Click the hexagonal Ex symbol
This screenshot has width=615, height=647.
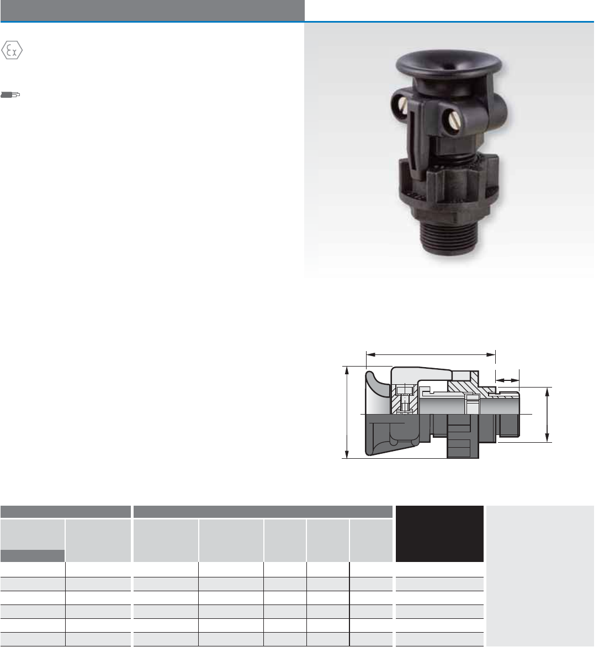(12, 50)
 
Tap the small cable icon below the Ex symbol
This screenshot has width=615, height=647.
(10, 95)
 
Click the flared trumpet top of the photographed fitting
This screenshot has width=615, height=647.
(449, 66)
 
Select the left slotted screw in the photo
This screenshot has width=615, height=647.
(403, 106)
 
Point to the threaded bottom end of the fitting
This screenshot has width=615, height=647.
(450, 238)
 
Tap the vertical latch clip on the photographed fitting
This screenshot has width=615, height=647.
(419, 136)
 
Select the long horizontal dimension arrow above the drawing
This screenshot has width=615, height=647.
(431, 354)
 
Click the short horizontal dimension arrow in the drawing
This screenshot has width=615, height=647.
(507, 380)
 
